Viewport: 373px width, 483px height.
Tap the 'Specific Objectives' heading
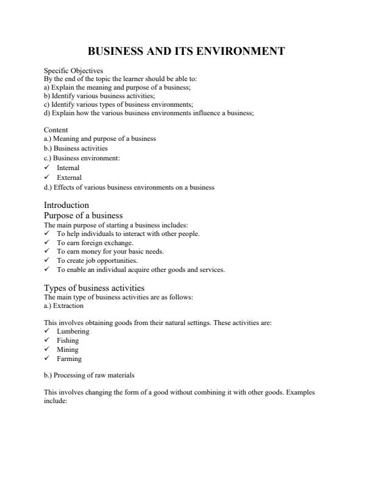pos(69,71)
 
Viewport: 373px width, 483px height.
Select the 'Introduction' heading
pos(66,205)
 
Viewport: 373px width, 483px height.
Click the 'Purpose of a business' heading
pos(83,215)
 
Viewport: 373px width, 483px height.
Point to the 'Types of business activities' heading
pos(94,288)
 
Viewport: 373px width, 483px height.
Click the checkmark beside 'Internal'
pos(47,168)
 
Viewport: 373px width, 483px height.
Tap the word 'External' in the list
pos(69,177)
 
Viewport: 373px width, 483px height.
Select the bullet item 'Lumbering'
pos(73,331)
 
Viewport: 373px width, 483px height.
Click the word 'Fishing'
pos(68,340)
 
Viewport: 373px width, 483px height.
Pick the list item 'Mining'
pos(68,349)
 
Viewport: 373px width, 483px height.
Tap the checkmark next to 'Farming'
pos(47,359)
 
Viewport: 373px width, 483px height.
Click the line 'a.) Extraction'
pos(64,306)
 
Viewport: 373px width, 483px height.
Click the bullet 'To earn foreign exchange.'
pos(95,242)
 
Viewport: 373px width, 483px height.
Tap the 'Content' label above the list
pos(56,130)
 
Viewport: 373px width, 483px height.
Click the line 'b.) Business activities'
pos(76,148)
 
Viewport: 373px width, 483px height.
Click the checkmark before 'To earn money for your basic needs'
pos(47,251)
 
